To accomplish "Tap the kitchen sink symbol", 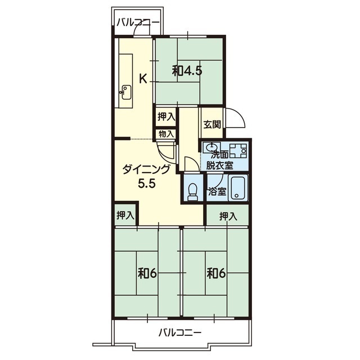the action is point(126,92).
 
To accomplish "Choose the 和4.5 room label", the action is point(187,71).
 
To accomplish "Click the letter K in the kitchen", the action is point(143,79).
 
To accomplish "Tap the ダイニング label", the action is point(146,170).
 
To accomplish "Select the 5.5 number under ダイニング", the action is point(147,183).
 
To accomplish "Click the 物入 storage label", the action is point(166,134).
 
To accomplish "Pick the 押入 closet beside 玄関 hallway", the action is point(166,117).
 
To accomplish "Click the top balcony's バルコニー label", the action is point(138,22).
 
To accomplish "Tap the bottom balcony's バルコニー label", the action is point(180,332).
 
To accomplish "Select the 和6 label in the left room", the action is point(147,274).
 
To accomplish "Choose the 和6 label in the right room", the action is point(216,274).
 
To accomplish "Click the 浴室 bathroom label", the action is point(217,191).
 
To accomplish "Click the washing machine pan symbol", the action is point(238,150).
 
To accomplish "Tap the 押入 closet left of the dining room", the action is point(125,215).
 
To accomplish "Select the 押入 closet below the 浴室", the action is point(228,216).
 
